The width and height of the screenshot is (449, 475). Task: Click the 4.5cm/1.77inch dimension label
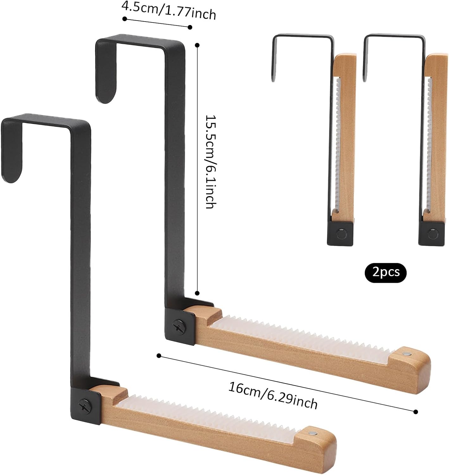(x=169, y=10)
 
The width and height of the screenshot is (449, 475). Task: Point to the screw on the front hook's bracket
(x=85, y=406)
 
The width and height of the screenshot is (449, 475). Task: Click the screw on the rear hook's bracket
(x=178, y=326)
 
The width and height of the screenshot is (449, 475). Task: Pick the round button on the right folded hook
(x=433, y=234)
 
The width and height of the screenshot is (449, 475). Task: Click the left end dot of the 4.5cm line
(x=124, y=19)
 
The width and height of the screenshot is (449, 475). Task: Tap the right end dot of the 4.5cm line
(x=190, y=27)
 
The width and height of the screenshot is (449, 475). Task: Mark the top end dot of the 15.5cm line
(x=198, y=45)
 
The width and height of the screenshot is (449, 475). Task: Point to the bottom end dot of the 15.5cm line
(x=197, y=293)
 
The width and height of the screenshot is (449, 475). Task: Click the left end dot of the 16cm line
(x=159, y=356)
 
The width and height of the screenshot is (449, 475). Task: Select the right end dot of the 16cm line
(x=416, y=412)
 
